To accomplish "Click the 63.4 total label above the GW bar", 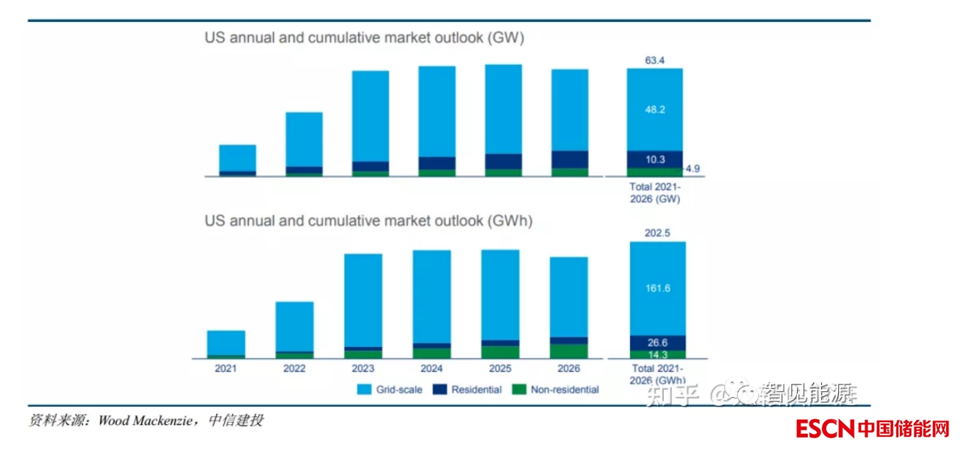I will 654,60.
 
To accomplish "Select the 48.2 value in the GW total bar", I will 654,109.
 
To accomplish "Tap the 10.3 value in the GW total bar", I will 654,160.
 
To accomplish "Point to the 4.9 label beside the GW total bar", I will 693,169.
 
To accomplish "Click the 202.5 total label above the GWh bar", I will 657,234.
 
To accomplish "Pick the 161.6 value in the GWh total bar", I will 657,288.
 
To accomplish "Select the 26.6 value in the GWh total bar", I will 657,343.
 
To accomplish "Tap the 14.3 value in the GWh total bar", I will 657,354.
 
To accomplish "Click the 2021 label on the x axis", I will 225,368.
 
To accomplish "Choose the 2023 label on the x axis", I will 362,368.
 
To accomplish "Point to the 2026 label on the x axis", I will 568,368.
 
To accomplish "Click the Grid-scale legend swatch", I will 364,390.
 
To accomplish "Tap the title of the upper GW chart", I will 364,39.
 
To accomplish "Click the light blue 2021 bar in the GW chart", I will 237,157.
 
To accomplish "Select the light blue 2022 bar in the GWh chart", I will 294,326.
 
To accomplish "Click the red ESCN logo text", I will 826,428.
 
